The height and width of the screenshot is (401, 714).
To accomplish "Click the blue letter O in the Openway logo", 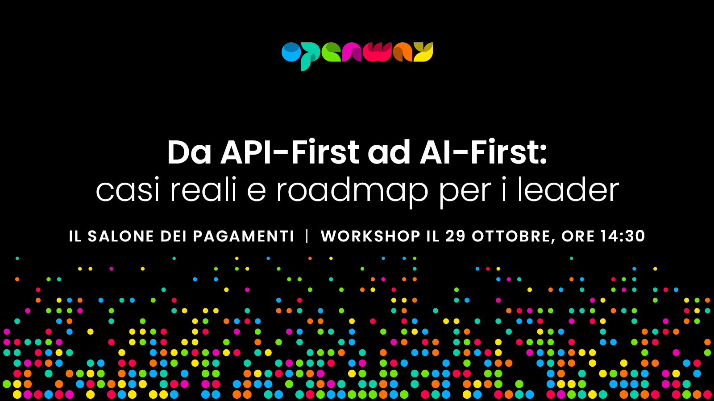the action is coord(291,52).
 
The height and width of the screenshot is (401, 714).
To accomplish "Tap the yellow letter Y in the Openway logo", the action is coord(423,52).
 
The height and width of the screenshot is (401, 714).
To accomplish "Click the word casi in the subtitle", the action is coord(128,190).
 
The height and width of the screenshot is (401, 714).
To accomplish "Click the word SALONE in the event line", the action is coord(121,236).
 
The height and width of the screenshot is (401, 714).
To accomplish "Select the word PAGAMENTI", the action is coord(244,236).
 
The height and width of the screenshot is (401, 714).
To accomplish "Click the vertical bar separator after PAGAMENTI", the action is coord(307,236).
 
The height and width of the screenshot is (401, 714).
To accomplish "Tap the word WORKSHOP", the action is coord(371,236).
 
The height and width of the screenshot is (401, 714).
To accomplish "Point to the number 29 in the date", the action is coord(456,236).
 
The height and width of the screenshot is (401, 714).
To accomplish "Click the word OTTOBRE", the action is coord(511,237).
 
